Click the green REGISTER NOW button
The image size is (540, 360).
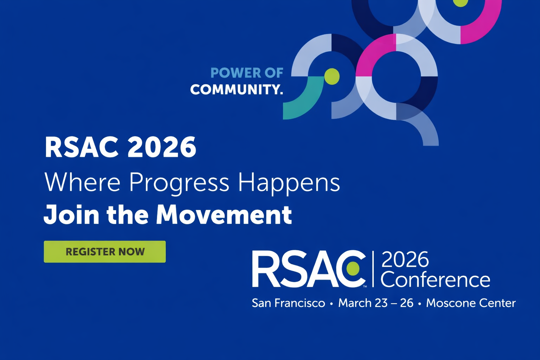105,252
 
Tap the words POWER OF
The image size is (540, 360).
247,73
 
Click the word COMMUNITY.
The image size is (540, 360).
236,89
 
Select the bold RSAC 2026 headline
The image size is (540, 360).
120,147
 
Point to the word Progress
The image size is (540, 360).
179,183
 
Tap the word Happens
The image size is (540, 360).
289,183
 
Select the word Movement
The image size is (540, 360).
224,214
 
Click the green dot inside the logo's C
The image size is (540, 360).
353,269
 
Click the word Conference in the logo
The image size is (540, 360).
435,280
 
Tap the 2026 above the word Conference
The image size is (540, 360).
405,260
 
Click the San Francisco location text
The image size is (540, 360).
288,303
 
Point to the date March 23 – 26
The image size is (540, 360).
375,303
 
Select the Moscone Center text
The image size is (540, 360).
471,303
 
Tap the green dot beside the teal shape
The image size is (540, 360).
332,76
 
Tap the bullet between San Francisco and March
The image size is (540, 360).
332,303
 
